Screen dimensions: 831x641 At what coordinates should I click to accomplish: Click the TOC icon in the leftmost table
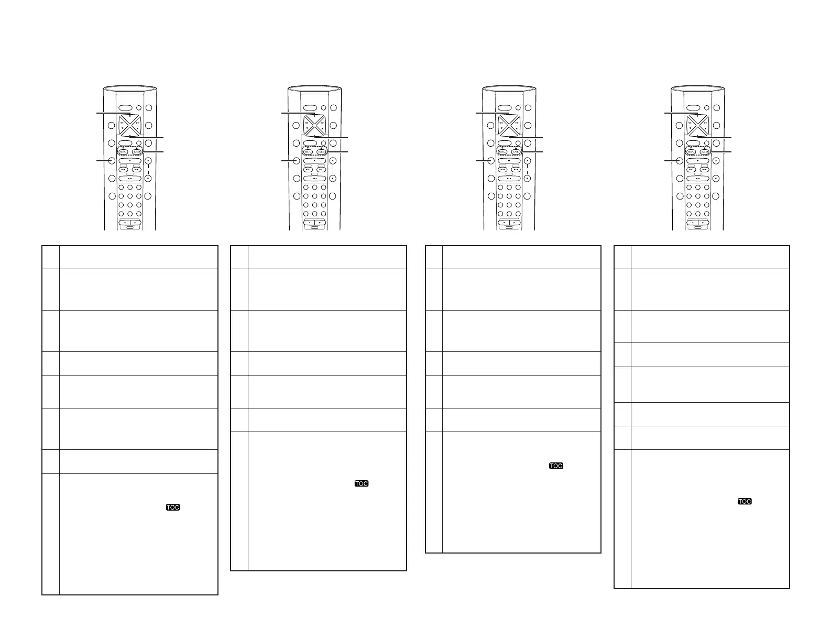click(173, 507)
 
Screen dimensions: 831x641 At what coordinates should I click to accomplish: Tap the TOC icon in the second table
click(362, 483)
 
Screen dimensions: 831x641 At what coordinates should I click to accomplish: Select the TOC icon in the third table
click(556, 466)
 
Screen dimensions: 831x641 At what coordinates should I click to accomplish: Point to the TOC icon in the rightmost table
click(745, 501)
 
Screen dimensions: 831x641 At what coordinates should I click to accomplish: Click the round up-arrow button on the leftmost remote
click(148, 161)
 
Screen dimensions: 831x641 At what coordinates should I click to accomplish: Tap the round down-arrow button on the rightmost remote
click(716, 178)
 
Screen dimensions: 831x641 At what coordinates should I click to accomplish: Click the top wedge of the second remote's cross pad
click(314, 116)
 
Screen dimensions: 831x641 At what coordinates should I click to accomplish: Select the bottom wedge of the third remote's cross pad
click(508, 134)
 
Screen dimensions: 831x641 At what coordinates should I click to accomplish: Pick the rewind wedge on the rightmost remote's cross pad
click(689, 125)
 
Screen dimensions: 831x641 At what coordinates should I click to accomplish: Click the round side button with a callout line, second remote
click(297, 161)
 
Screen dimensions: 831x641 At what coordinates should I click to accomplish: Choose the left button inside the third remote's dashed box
click(502, 152)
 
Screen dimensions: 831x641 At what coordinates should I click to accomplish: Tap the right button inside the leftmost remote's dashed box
click(137, 152)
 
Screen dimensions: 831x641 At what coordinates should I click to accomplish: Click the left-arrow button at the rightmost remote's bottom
click(692, 223)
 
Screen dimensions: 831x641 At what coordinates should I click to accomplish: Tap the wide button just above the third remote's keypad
click(509, 178)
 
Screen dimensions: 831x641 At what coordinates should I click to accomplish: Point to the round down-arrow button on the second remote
click(333, 178)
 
